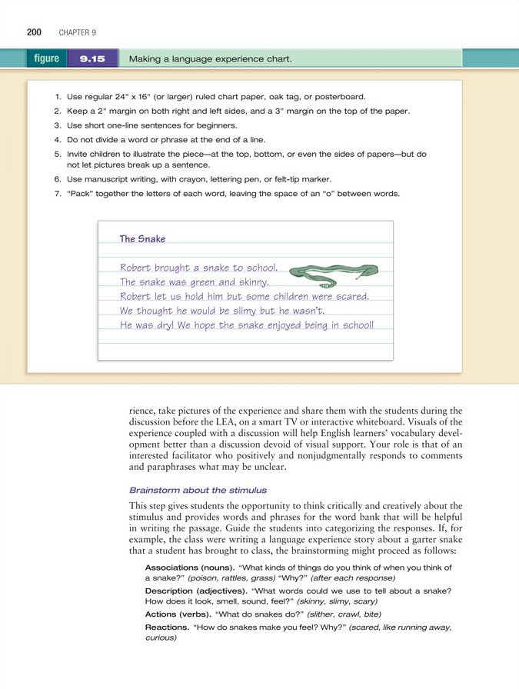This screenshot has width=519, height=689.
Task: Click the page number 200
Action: click(33, 32)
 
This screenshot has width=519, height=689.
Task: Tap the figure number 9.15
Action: click(93, 58)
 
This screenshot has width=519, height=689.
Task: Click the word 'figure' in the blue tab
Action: click(47, 58)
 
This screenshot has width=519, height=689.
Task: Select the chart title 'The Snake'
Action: click(142, 239)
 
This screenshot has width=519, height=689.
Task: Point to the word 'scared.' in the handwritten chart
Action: click(350, 296)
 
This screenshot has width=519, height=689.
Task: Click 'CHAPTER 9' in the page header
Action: click(77, 32)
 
